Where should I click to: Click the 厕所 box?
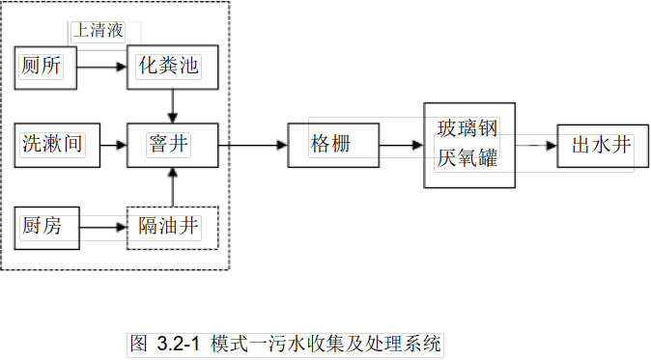pyautogui.click(x=42, y=68)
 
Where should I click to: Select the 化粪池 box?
pyautogui.click(x=172, y=68)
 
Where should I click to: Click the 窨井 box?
pyautogui.click(x=172, y=145)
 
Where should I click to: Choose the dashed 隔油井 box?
pyautogui.click(x=172, y=228)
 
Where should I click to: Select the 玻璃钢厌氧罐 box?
pyautogui.click(x=467, y=145)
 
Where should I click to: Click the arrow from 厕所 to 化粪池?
pyautogui.click(x=101, y=68)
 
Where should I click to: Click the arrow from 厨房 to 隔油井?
pyautogui.click(x=101, y=229)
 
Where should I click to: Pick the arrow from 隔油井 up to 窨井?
pyautogui.click(x=172, y=186)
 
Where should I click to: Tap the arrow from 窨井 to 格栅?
pyautogui.click(x=253, y=146)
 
